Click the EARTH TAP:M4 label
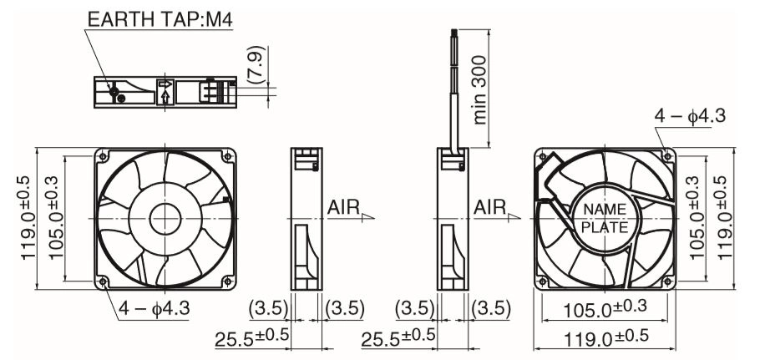[x=160, y=19]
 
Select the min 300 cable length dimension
[x=480, y=89]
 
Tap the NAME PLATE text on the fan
[x=605, y=218]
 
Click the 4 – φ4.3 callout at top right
[x=690, y=116]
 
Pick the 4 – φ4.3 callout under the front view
[x=155, y=309]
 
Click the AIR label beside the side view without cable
[x=343, y=207]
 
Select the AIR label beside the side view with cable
[x=490, y=207]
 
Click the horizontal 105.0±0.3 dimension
[x=605, y=309]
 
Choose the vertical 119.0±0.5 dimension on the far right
[x=726, y=217]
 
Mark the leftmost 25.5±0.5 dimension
[x=251, y=337]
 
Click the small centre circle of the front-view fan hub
[x=165, y=218]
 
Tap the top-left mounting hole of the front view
[x=103, y=156]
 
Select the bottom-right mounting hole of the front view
[x=227, y=281]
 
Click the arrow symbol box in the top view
[x=165, y=92]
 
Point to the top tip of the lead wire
[x=453, y=30]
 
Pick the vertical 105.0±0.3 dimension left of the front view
[x=56, y=218]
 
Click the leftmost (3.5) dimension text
[x=269, y=309]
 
